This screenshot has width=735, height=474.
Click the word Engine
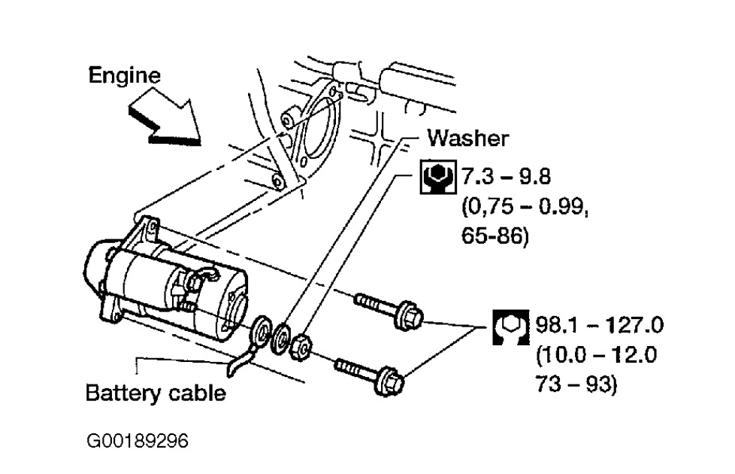124,75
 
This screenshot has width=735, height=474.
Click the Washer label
467,138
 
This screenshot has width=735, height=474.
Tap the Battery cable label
155,393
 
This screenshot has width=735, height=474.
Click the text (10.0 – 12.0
597,355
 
